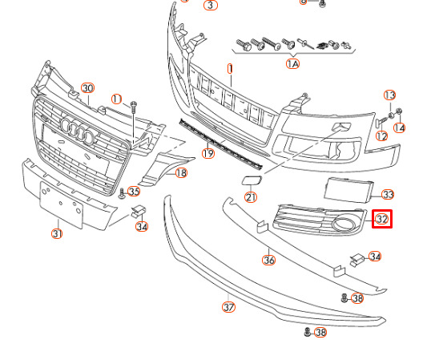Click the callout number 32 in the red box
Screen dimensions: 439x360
[x=382, y=219]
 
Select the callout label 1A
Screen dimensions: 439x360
[x=292, y=64]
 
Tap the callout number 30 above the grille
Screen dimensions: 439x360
[x=87, y=88]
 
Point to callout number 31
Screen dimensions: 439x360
[x=57, y=233]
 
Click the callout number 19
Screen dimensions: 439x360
[x=208, y=153]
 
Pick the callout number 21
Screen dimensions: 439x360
[x=251, y=197]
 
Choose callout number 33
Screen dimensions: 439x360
[x=388, y=194]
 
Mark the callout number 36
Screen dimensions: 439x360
[x=269, y=260]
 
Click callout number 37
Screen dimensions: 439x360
[x=229, y=307]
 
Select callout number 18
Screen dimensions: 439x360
[x=181, y=173]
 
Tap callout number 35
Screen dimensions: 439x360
[x=134, y=192]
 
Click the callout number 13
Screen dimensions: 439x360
[x=389, y=95]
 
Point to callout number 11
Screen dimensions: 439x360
[x=117, y=99]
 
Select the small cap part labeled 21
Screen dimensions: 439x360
[x=252, y=180]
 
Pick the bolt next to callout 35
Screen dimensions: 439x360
[x=122, y=193]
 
